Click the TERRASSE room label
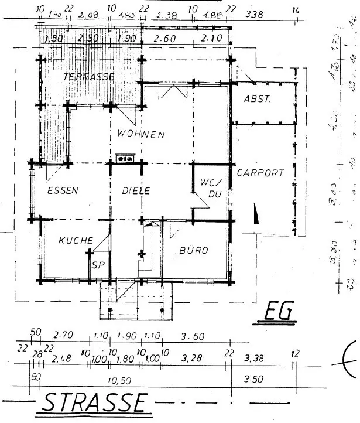point(89,76)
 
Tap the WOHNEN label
point(140,134)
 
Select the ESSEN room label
point(63,190)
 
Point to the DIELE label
point(136,190)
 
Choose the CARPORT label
point(260,173)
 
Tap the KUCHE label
point(76,240)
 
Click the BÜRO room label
point(193,250)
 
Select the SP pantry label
point(97,264)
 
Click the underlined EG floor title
point(279,312)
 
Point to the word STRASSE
point(95,403)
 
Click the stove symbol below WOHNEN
point(125,158)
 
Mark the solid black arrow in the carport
point(255,214)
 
